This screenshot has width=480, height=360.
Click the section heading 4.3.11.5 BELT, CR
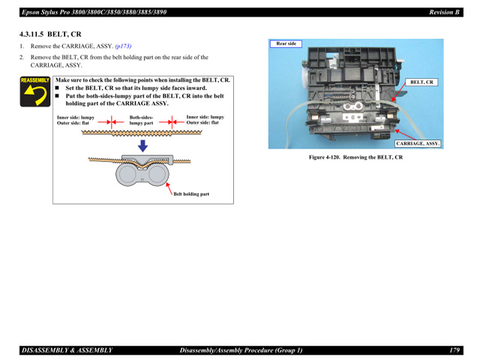(52, 34)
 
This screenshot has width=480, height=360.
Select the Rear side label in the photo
(286, 44)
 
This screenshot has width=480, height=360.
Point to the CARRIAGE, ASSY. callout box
(418, 142)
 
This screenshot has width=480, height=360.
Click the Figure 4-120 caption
(355, 157)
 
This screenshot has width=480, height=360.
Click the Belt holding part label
(191, 193)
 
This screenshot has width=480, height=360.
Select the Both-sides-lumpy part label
(141, 120)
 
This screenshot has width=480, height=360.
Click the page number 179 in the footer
(454, 349)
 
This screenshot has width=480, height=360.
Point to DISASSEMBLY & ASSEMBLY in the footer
(67, 349)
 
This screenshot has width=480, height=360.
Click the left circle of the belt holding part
(129, 174)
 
